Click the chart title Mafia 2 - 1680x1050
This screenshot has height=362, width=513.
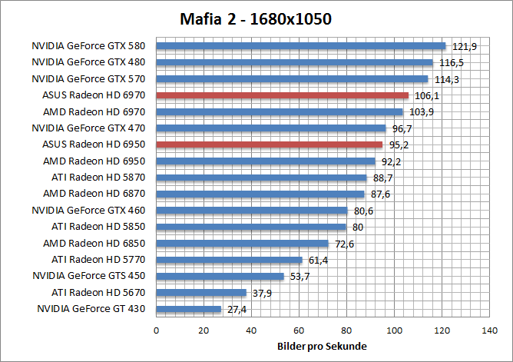point(256,18)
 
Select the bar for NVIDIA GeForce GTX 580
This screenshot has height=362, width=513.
point(301,45)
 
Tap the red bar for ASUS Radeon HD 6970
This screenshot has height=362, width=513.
point(283,95)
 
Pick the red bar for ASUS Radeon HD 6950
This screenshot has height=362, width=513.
point(270,144)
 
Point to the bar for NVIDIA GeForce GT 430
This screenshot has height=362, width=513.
point(189,309)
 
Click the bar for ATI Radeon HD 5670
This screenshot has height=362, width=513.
point(201,293)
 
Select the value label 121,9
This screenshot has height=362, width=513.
point(464,47)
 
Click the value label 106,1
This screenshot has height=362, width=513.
point(426,96)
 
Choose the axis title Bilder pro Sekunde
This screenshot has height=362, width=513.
point(322,347)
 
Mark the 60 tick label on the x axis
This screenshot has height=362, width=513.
point(299,330)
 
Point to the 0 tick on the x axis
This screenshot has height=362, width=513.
point(157,330)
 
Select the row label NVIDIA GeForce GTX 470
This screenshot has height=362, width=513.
point(91,128)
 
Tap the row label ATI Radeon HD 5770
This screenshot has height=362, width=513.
point(102,260)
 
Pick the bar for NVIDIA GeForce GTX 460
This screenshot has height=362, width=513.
point(252,211)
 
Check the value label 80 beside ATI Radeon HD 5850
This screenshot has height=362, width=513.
point(358,227)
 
